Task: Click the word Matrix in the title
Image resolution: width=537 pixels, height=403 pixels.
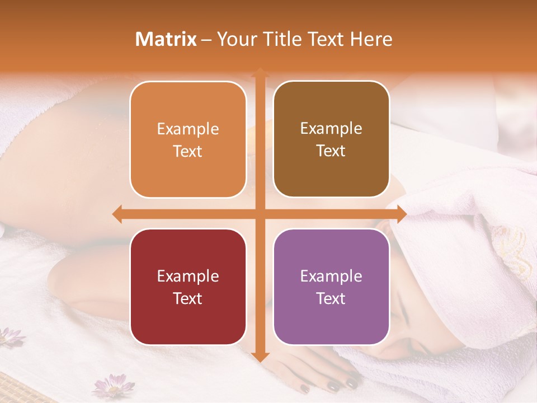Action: point(166,39)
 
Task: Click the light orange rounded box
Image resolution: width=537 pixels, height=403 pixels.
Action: point(188,139)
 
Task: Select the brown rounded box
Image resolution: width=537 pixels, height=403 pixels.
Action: point(331,139)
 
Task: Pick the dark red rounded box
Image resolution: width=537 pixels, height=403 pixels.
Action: point(188,287)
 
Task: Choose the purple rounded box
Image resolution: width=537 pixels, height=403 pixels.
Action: point(331,287)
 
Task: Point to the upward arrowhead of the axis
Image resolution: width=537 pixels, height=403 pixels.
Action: point(260,73)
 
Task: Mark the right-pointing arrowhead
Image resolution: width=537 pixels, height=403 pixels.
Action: point(401,214)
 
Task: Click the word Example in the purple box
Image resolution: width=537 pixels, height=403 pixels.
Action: point(331,276)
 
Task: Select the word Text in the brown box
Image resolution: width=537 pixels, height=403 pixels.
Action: point(331,151)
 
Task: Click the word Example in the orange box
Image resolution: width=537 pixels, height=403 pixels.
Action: point(188,129)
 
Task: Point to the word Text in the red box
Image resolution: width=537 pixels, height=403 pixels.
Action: point(188,298)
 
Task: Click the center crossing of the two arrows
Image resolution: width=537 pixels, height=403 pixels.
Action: point(260,214)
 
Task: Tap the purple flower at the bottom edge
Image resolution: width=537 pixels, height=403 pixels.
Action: point(114,386)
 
